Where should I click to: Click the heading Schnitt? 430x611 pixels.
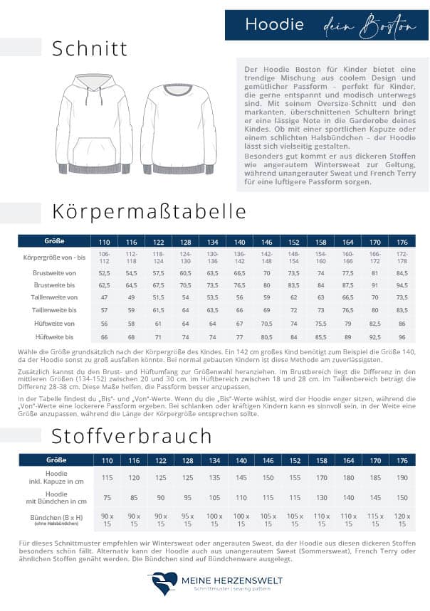(90, 48)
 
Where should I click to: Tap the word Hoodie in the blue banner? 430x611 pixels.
(274, 25)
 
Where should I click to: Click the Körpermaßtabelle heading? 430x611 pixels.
(149, 211)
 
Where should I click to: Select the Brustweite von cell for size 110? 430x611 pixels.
(104, 272)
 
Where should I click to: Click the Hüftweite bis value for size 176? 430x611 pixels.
(402, 337)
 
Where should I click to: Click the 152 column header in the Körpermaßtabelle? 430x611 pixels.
(293, 241)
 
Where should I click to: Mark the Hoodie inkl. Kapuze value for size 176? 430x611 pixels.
(402, 477)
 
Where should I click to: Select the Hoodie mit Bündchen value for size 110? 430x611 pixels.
(107, 498)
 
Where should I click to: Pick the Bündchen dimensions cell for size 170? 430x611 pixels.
(375, 520)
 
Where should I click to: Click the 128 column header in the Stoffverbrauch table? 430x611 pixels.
(187, 460)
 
